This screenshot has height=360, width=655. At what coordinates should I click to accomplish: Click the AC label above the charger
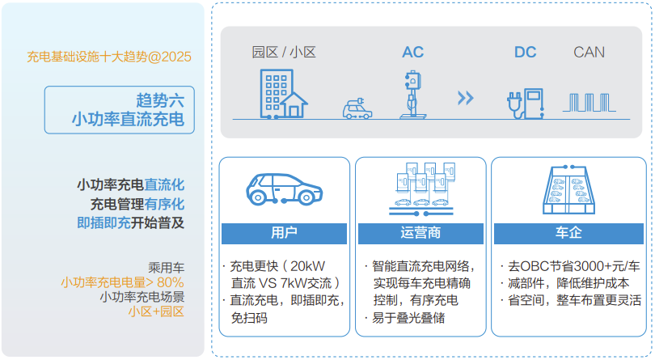point(412,53)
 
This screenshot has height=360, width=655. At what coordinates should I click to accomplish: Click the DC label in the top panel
point(525,53)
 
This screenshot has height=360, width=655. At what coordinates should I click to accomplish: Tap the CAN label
point(589,53)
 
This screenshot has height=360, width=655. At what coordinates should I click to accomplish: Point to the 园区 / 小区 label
point(284,53)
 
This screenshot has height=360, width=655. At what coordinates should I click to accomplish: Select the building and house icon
point(283,93)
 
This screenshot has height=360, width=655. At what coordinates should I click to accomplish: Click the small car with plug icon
point(357,109)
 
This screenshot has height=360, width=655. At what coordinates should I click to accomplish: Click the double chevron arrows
point(465,98)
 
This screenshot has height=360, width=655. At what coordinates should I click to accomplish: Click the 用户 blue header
point(284,233)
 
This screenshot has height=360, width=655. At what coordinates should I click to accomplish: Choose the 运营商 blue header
point(420,233)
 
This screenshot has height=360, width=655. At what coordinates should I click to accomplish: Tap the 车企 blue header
point(568,233)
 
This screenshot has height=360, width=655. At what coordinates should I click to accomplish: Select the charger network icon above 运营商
point(420,188)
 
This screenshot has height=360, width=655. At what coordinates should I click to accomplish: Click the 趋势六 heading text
point(160,100)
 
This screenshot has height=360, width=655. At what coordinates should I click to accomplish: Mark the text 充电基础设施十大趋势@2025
point(108,57)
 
